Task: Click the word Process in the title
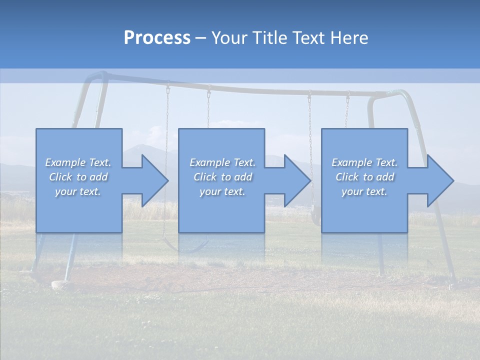tap(157, 38)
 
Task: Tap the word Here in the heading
tap(349, 38)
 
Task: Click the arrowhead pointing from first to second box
tap(155, 180)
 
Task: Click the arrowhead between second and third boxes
tap(297, 180)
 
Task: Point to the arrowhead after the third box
tap(440, 180)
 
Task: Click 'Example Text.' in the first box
tap(78, 162)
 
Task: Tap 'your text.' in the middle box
tap(222, 191)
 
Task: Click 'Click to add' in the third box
tap(364, 177)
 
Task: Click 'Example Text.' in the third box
tap(364, 162)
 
